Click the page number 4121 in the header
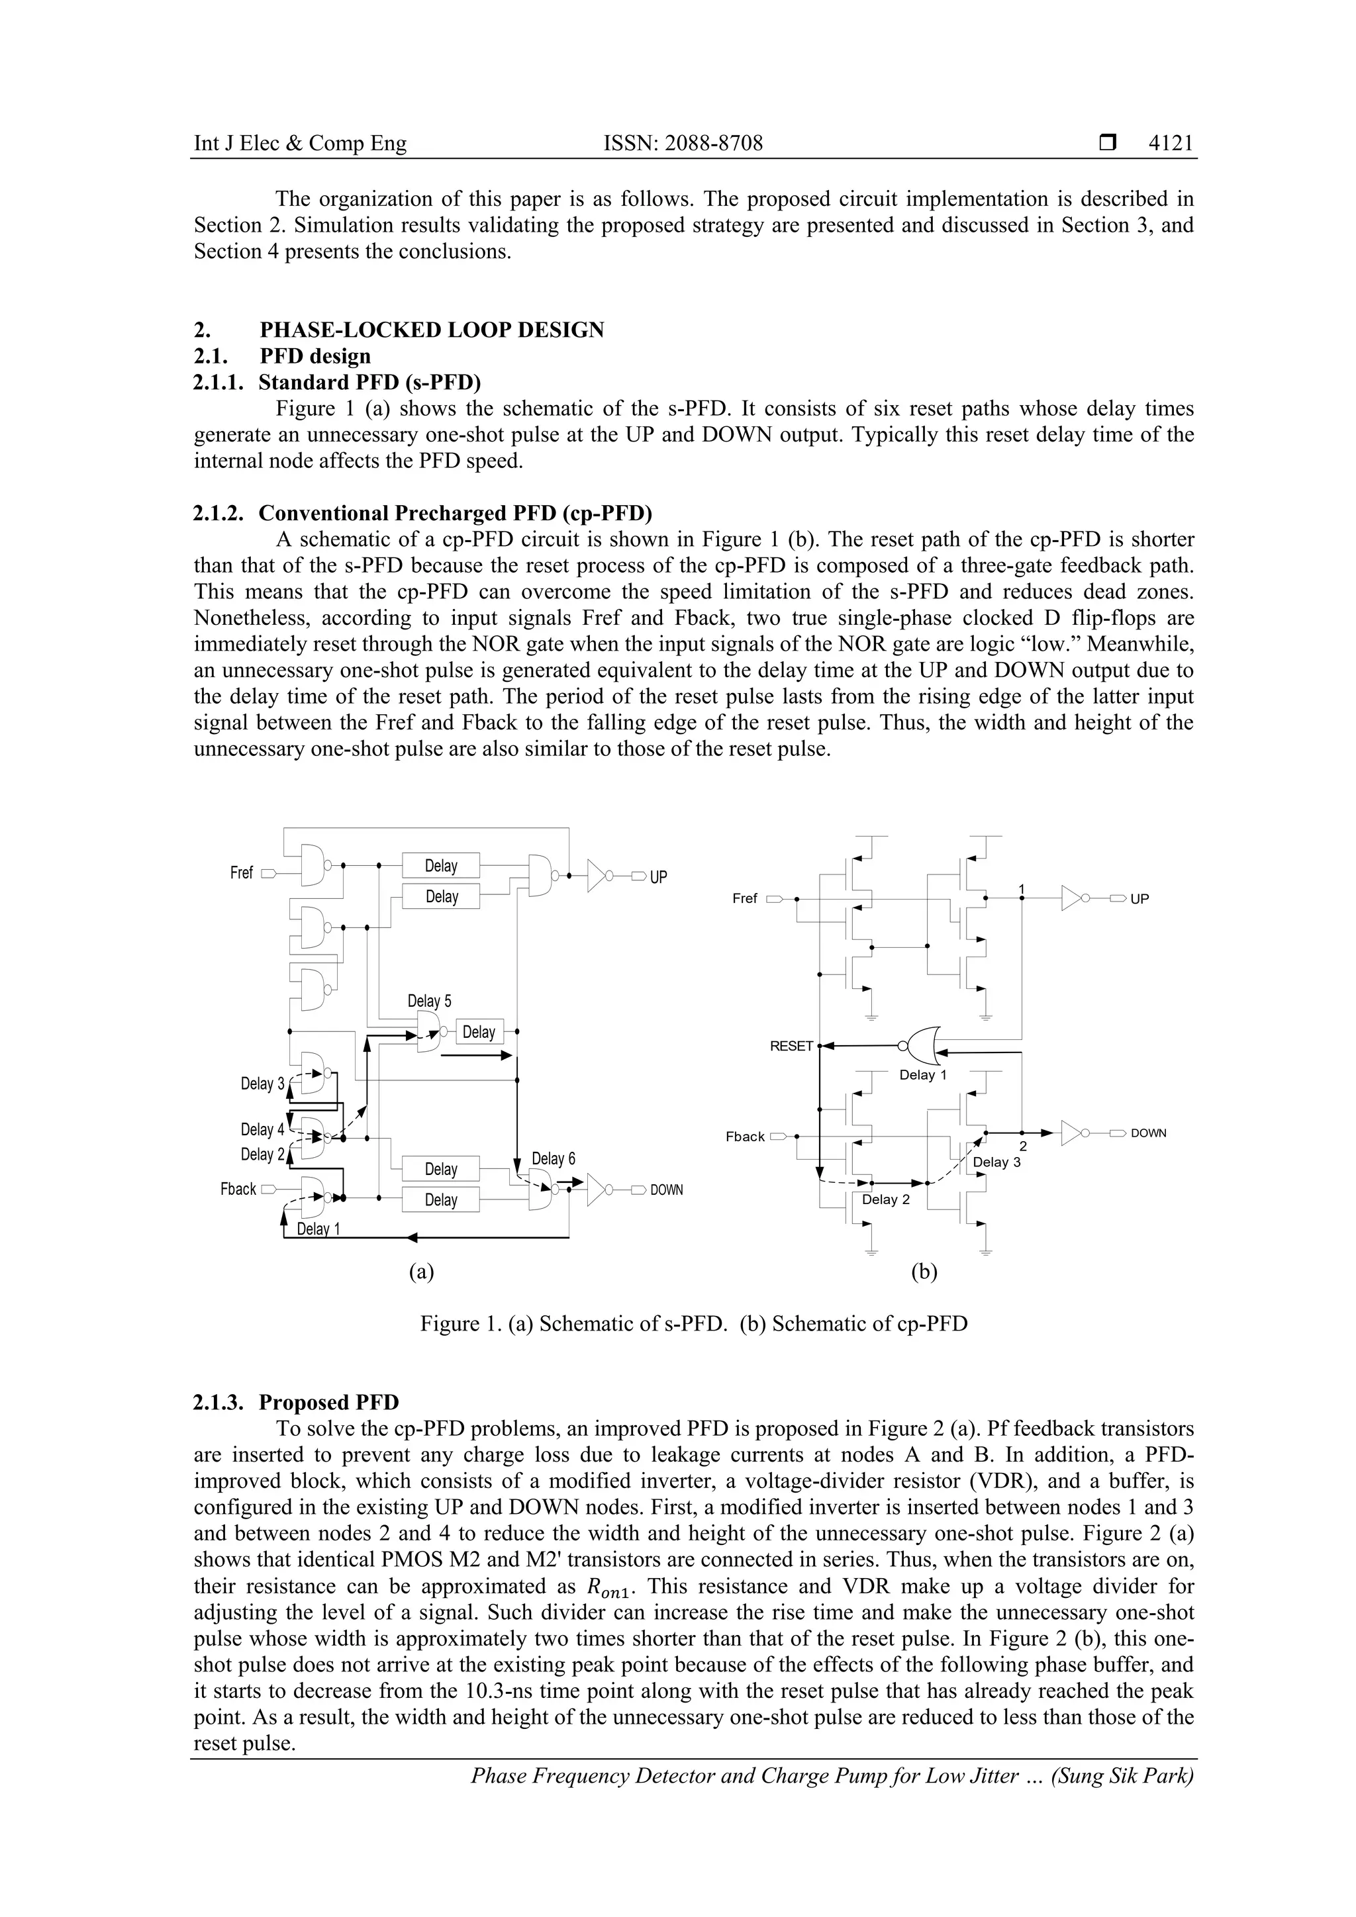(1170, 144)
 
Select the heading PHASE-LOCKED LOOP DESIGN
(431, 330)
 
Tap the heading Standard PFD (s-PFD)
(369, 383)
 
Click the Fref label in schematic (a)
(241, 872)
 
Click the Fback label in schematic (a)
(238, 1189)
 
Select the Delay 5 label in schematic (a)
(429, 1001)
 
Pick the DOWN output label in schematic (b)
(1148, 1133)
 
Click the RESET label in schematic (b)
(791, 1046)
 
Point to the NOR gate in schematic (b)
(920, 1045)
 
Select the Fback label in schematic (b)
(745, 1137)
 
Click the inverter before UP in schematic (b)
(1073, 898)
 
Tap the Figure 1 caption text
(693, 1323)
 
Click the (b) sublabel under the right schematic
(924, 1272)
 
